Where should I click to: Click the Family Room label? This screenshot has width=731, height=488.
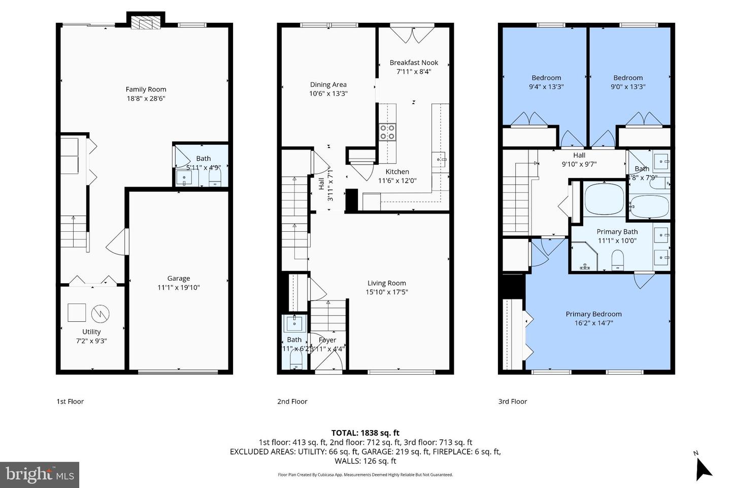pyautogui.click(x=146, y=89)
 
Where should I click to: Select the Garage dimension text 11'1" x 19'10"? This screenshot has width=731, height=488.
pyautogui.click(x=179, y=288)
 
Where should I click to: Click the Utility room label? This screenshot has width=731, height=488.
pyautogui.click(x=91, y=332)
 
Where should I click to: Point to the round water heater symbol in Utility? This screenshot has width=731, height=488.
pyautogui.click(x=101, y=314)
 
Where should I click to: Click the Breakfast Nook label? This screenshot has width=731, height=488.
pyautogui.click(x=414, y=63)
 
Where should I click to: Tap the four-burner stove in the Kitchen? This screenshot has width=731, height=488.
pyautogui.click(x=388, y=132)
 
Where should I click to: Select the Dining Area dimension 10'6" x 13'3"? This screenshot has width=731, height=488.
pyautogui.click(x=328, y=94)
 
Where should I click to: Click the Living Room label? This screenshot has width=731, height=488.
pyautogui.click(x=387, y=284)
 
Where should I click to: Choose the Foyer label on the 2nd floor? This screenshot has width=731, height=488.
pyautogui.click(x=327, y=340)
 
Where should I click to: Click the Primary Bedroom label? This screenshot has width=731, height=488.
pyautogui.click(x=593, y=314)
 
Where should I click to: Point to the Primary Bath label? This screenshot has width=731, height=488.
pyautogui.click(x=617, y=232)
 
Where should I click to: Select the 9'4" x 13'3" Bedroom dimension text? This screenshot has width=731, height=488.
pyautogui.click(x=547, y=86)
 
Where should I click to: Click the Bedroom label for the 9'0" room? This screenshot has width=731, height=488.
pyautogui.click(x=628, y=78)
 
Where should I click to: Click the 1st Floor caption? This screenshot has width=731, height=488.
pyautogui.click(x=70, y=402)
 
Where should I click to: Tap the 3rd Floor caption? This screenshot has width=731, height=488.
pyautogui.click(x=513, y=402)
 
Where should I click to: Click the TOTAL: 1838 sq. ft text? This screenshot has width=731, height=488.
pyautogui.click(x=365, y=433)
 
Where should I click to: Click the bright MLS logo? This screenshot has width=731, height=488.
pyautogui.click(x=40, y=475)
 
